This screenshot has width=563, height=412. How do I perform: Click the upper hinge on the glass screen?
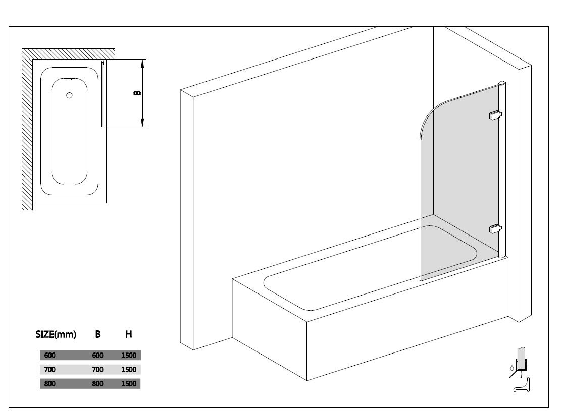[495, 115]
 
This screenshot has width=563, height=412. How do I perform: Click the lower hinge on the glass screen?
[495, 228]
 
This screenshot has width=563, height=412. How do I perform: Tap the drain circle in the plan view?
[69, 95]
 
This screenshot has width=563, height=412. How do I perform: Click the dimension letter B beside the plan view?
[137, 93]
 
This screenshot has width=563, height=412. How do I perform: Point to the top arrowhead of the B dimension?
[142, 64]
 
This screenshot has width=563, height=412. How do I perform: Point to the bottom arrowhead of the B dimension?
[142, 122]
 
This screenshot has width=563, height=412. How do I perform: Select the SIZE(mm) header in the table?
[56, 334]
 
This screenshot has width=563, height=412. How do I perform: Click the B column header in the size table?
[97, 334]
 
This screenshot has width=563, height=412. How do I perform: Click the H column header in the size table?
[129, 334]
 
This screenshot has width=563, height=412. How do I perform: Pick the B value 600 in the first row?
[97, 356]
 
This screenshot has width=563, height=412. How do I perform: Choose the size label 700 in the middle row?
[50, 369]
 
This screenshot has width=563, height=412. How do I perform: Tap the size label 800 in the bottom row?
[50, 384]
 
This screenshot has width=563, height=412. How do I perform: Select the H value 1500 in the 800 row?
[129, 384]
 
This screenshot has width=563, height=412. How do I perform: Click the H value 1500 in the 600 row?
[129, 356]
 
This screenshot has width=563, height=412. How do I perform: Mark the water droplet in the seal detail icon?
[511, 368]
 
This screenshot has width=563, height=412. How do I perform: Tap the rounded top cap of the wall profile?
[502, 83]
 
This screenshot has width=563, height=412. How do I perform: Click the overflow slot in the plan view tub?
[69, 79]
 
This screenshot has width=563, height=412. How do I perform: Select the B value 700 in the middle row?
[97, 369]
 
